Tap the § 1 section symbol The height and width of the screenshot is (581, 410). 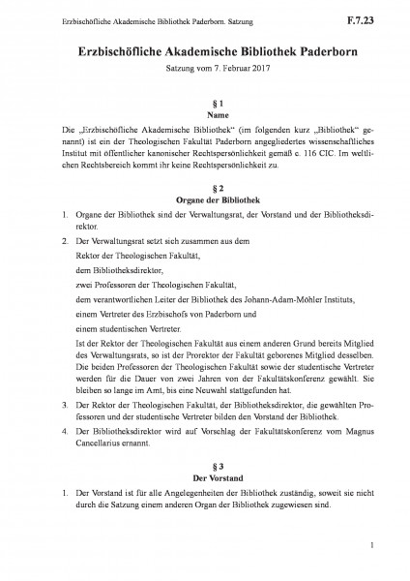205,101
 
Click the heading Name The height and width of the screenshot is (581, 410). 205,114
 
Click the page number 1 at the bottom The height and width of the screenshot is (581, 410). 372,550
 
